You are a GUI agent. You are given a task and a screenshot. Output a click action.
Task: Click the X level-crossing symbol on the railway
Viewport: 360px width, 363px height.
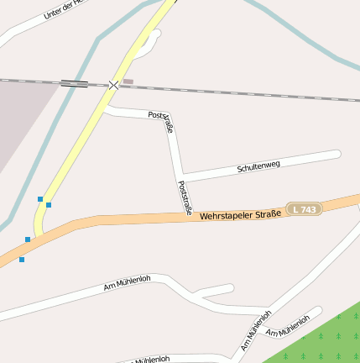pos(114,85)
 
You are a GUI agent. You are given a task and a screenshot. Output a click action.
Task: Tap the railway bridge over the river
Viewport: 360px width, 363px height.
pos(74,83)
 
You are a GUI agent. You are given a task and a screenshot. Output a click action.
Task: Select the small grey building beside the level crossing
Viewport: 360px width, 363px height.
pos(128,82)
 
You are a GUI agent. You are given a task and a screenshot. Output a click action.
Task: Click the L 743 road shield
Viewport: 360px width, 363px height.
pos(304,208)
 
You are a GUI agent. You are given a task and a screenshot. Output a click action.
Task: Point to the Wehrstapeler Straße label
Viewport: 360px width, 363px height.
pos(240,214)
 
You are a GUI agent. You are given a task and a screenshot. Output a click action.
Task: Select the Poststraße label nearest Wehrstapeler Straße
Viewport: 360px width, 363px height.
pos(185,197)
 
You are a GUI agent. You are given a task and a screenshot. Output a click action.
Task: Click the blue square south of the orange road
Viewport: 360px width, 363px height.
pos(22,260)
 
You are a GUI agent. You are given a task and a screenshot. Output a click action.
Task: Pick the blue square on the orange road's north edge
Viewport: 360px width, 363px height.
pos(28,239)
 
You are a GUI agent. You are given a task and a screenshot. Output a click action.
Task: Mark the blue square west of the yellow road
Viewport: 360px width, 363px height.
pos(39,199)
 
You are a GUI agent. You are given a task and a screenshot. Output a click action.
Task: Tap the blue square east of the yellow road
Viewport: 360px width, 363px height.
pos(49,205)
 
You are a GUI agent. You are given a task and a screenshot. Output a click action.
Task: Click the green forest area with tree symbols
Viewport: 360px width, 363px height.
pos(323,340)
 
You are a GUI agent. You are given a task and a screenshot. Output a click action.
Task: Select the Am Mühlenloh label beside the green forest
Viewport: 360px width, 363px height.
pos(288,325)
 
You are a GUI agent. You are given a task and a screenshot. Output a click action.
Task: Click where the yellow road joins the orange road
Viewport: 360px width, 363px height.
pos(40,232)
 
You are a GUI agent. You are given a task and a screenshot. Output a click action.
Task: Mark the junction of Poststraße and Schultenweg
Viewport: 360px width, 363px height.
pos(180,177)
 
